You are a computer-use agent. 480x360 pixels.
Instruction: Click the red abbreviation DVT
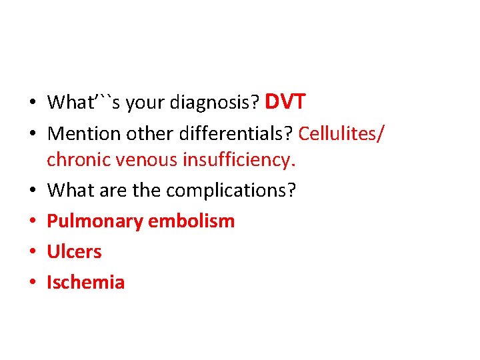tap(285, 102)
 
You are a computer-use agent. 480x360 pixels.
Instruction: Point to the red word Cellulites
tap(339, 133)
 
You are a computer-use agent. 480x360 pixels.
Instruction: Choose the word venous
tap(140, 160)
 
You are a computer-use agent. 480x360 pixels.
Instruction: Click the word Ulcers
tap(74, 252)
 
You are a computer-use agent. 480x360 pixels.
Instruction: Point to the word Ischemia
tap(85, 283)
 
